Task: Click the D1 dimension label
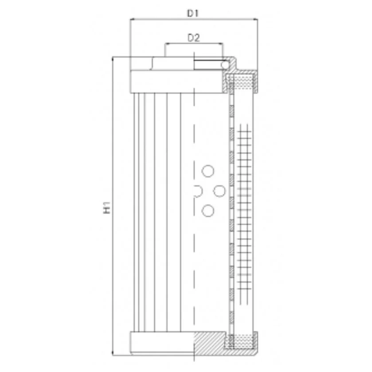[192, 13]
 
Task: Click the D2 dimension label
[194, 38]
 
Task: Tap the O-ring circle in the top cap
[225, 65]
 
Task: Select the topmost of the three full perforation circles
[208, 171]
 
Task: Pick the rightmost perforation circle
[219, 191]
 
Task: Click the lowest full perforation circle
[208, 211]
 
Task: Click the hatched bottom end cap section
[209, 343]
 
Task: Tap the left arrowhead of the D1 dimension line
[132, 19]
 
